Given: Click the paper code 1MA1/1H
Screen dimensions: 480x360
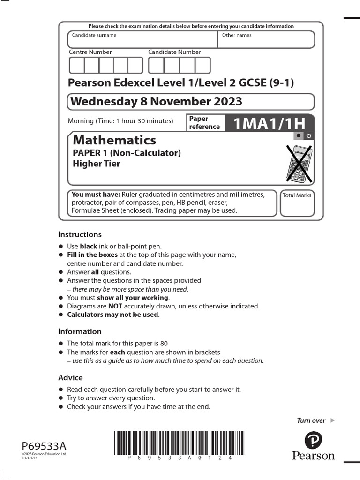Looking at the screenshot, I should click(269, 123).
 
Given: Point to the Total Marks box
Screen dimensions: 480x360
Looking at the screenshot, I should click(297, 203).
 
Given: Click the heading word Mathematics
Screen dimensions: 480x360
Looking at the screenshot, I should click(115, 140).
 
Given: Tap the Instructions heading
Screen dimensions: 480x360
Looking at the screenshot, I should click(80, 234).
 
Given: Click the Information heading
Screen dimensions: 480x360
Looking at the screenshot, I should click(80, 331).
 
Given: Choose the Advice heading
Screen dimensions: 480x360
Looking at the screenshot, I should click(70, 377).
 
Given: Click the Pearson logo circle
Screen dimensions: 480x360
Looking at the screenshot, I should click(314, 441).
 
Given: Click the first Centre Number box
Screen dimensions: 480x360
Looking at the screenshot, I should click(77, 65).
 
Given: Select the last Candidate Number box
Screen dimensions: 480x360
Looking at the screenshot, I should click(202, 65).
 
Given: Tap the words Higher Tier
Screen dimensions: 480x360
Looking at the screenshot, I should click(97, 164).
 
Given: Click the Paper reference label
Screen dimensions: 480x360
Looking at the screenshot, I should click(204, 123).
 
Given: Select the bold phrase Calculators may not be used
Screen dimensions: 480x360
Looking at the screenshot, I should click(112, 315).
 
